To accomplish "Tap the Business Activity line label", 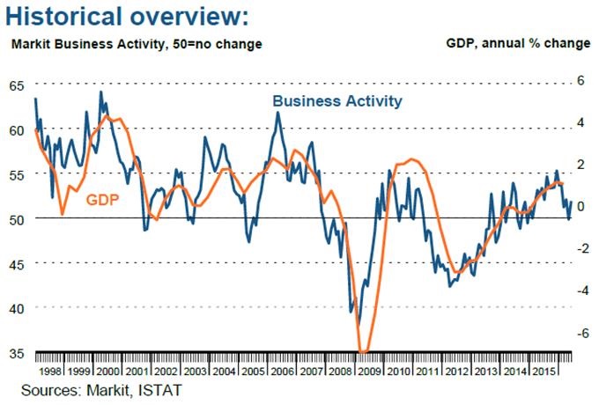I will pyautogui.click(x=337, y=100).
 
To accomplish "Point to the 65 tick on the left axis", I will pyautogui.click(x=17, y=85).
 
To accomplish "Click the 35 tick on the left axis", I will pyautogui.click(x=17, y=353).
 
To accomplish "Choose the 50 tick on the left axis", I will pyautogui.click(x=17, y=218).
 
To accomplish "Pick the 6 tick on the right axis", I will pyautogui.click(x=581, y=79).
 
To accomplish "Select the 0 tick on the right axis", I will pyautogui.click(x=581, y=206).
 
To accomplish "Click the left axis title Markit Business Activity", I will pyautogui.click(x=136, y=43).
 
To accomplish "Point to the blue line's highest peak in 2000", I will pyautogui.click(x=100, y=92).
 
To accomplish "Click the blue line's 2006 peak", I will pyautogui.click(x=278, y=112).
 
